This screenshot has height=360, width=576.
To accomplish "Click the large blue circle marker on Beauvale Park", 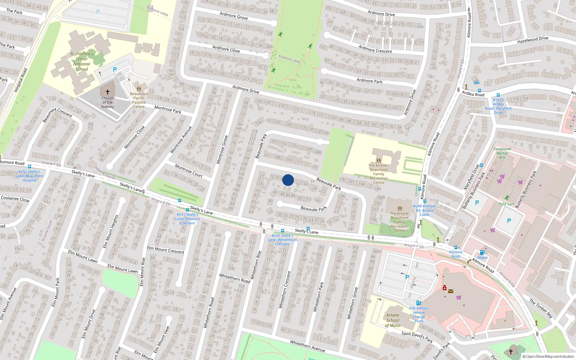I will (288, 180).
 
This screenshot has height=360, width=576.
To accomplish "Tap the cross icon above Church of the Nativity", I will (107, 92).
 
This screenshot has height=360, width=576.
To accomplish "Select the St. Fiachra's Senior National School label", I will (82, 62).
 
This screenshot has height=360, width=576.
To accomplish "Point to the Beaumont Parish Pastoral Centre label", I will (139, 100).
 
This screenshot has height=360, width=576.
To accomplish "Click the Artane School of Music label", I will (393, 320).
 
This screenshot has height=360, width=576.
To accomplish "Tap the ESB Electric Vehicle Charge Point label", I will (419, 315).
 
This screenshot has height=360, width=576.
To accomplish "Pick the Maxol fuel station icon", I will (482, 252).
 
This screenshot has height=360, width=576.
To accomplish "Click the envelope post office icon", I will (450, 291).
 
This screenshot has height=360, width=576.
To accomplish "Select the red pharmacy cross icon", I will (445, 288).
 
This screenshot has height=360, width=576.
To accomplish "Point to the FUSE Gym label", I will (507, 204).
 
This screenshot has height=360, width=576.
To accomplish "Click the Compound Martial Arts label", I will (502, 153).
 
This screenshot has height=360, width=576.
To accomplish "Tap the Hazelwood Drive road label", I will (533, 40).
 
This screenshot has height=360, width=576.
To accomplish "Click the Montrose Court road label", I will (189, 171).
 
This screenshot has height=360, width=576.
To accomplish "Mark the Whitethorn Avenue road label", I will (307, 346).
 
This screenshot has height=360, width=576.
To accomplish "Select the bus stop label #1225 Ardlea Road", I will (498, 106).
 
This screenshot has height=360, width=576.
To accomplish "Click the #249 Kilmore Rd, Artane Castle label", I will (425, 210).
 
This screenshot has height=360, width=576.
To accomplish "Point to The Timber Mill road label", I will (541, 309).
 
